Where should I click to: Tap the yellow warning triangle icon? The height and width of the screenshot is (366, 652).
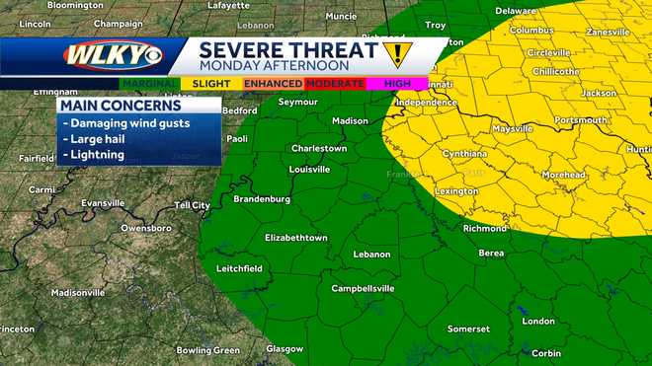(397, 52)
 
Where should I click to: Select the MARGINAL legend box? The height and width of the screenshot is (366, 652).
(151, 84)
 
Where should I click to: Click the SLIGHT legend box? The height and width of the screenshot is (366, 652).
(209, 84)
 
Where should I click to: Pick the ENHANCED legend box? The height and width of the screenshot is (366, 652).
(274, 84)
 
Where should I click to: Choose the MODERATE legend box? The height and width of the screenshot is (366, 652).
(335, 84)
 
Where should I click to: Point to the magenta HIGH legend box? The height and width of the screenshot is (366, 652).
(396, 84)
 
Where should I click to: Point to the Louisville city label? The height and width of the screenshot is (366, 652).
(309, 169)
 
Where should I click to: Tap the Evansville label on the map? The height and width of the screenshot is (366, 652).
(104, 202)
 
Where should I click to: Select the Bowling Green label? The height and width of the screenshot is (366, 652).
(207, 349)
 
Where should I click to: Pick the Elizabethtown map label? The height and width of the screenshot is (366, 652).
(295, 238)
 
